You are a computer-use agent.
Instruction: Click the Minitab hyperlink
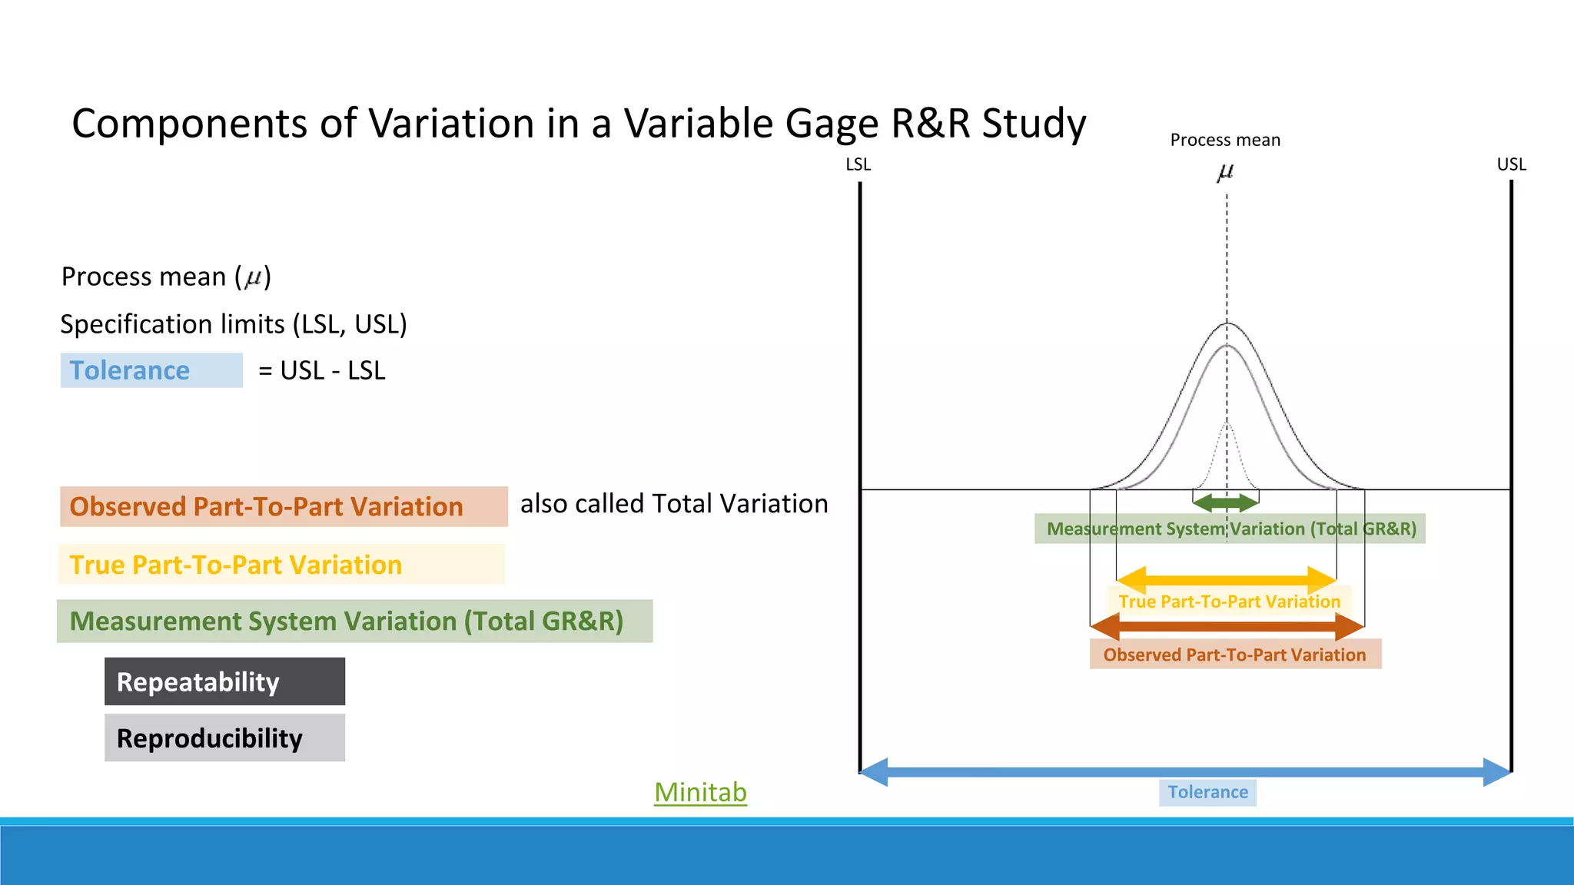coord(700,792)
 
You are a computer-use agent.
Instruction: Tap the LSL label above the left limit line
coord(858,164)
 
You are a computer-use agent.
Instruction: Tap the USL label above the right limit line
coord(1511,164)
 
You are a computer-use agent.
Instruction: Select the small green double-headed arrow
coord(1225,503)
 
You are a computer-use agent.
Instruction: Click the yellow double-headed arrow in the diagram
coord(1226,578)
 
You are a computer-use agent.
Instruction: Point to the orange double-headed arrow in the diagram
coord(1227,626)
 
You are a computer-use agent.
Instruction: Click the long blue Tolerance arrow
coord(1184,771)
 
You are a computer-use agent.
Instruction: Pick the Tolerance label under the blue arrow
coord(1207,792)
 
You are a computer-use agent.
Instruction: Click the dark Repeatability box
coord(224,681)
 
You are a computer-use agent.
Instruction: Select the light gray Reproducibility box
coord(224,737)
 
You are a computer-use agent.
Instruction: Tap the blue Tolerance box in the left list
coord(151,370)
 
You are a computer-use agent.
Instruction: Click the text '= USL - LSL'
coord(322,370)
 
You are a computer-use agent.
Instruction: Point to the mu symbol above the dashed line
coord(1225,172)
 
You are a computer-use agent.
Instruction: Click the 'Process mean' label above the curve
coord(1225,140)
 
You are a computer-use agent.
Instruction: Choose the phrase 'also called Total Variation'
coord(674,504)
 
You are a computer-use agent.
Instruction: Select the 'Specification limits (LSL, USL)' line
coord(234,324)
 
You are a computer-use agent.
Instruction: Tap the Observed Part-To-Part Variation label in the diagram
coord(1235,655)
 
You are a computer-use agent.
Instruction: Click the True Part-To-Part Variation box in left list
coord(281,565)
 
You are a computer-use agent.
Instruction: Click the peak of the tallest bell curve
coord(1227,323)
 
